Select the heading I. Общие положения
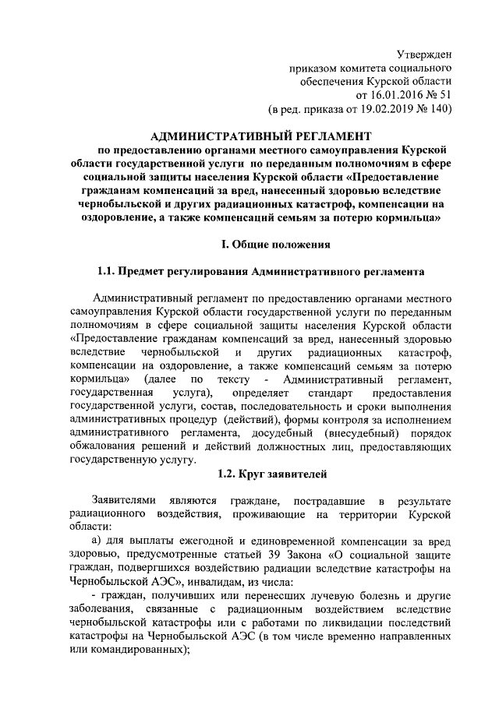click(274, 245)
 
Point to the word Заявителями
click(125, 499)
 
